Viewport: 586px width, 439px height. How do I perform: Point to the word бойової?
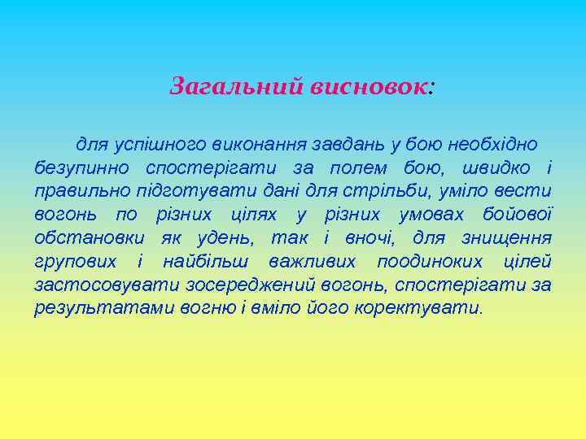click(x=519, y=215)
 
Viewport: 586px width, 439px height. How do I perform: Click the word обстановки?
click(x=90, y=239)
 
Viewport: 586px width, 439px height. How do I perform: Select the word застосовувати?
click(x=97, y=286)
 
